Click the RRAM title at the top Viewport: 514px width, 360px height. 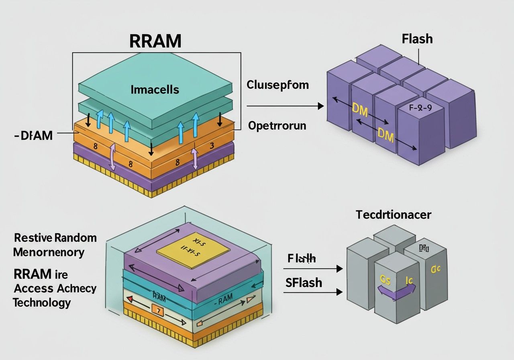[155, 41]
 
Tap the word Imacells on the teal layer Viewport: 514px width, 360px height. [155, 90]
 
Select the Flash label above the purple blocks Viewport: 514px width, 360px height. [417, 39]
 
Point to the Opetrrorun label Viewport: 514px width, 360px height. [277, 125]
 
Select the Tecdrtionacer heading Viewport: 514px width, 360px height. [394, 215]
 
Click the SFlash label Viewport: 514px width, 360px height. [304, 282]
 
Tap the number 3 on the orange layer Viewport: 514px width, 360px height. [212, 145]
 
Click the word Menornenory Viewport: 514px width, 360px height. [49, 252]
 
